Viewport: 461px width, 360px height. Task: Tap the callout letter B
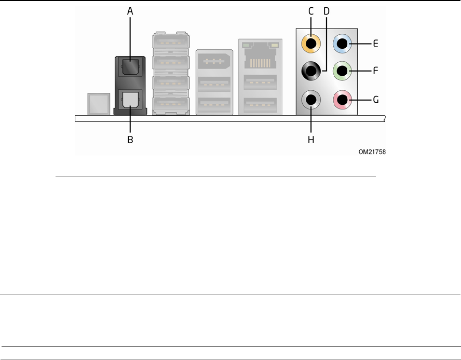[130, 140]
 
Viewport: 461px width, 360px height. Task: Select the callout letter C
[311, 9]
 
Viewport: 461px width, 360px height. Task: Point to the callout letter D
[327, 9]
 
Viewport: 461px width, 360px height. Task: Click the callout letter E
[375, 44]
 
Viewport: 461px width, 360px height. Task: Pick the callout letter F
[375, 69]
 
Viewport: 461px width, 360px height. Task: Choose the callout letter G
[375, 97]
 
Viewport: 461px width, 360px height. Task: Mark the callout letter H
[311, 140]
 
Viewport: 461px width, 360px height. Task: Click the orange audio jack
[311, 44]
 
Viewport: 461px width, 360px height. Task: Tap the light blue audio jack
[342, 44]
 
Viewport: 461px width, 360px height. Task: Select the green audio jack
[342, 69]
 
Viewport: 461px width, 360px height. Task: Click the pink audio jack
[342, 97]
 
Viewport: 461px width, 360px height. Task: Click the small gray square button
[99, 103]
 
